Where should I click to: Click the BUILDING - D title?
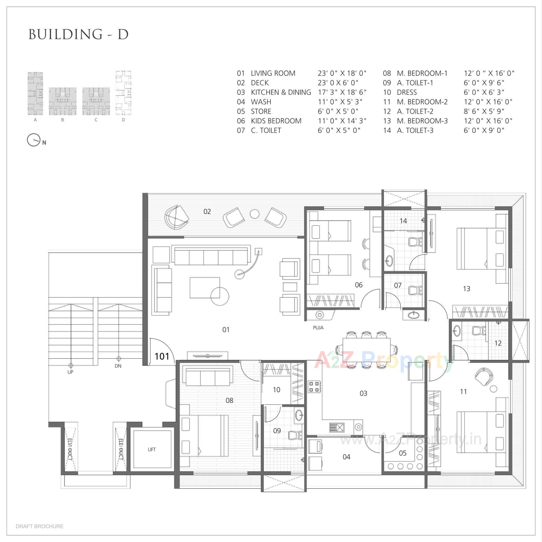78,34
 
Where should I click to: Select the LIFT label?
152,449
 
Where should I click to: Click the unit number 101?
162,356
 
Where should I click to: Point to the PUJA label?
318,328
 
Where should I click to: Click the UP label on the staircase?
70,372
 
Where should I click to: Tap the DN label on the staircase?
118,366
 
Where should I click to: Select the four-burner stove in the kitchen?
314,387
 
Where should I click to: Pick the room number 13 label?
467,289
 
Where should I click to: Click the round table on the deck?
254,214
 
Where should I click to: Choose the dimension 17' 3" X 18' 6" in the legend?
342,92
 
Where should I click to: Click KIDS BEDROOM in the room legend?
276,121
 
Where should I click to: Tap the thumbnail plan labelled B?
62,101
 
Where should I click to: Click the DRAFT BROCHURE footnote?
40,526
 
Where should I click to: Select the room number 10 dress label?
276,390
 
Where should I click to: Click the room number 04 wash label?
346,457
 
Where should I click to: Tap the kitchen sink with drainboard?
337,427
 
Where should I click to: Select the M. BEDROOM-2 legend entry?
422,102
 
